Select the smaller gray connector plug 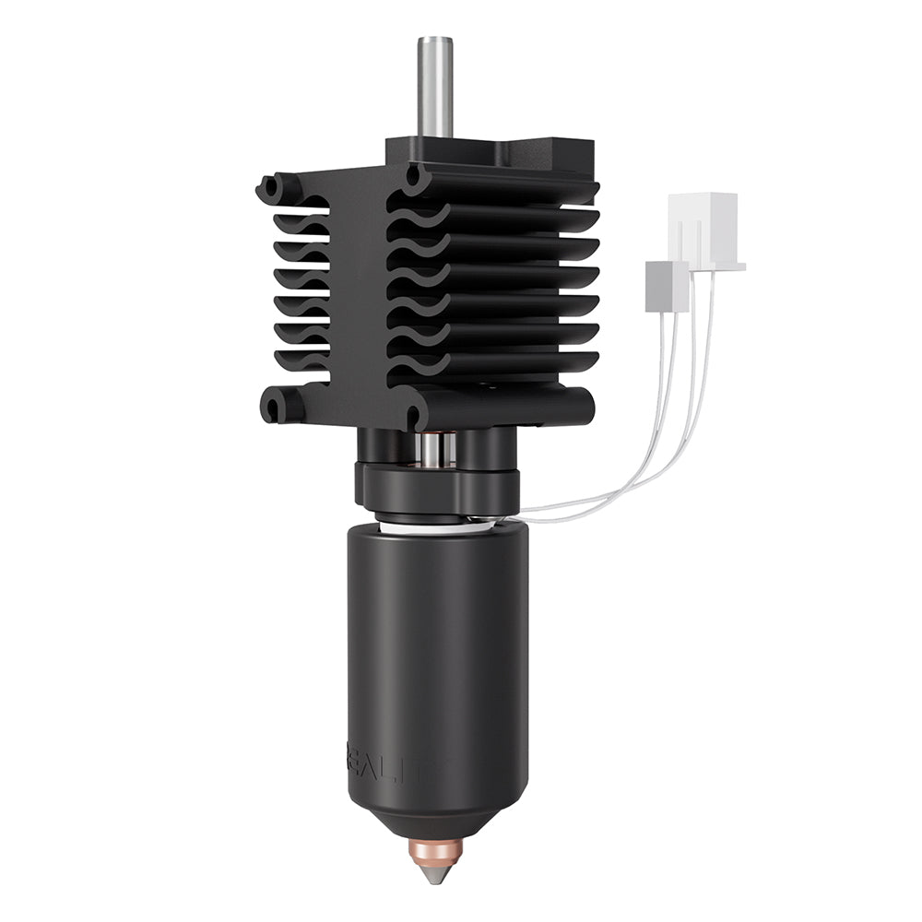click(x=667, y=284)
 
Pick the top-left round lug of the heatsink click(x=270, y=189)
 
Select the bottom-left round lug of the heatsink click(x=274, y=405)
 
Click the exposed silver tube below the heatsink click(x=433, y=449)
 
